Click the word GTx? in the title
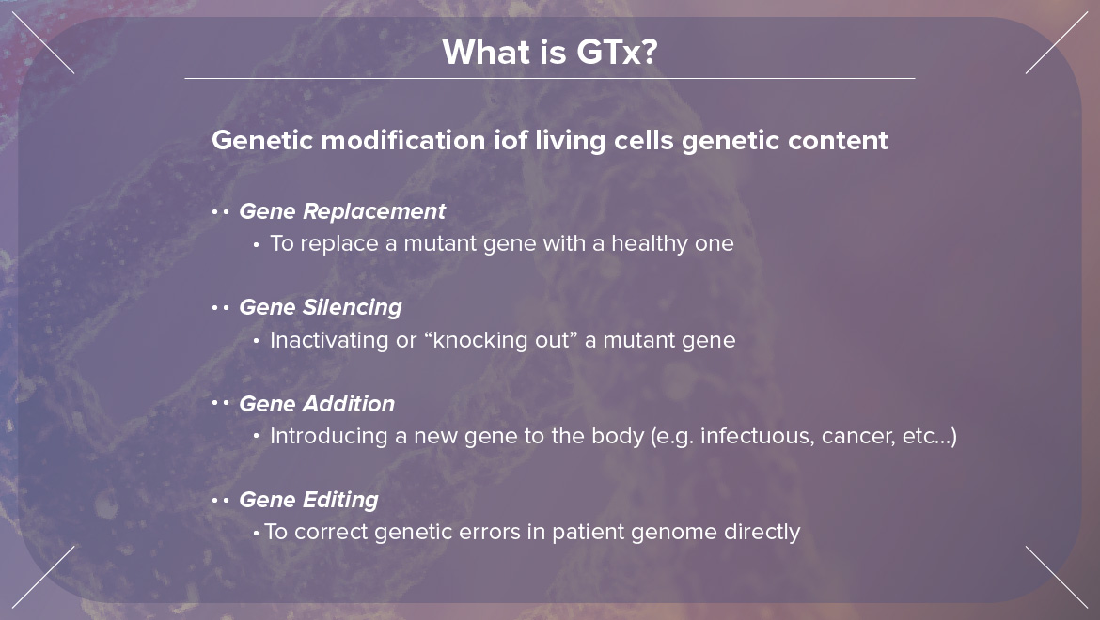tap(617, 52)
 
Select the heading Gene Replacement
tap(342, 211)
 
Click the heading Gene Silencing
tap(321, 307)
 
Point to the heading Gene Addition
tap(317, 404)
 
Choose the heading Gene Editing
tap(308, 500)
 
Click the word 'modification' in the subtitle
tap(403, 140)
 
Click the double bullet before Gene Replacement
tap(220, 211)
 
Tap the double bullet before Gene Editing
tap(220, 500)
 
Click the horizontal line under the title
tap(550, 79)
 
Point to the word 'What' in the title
tap(479, 52)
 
